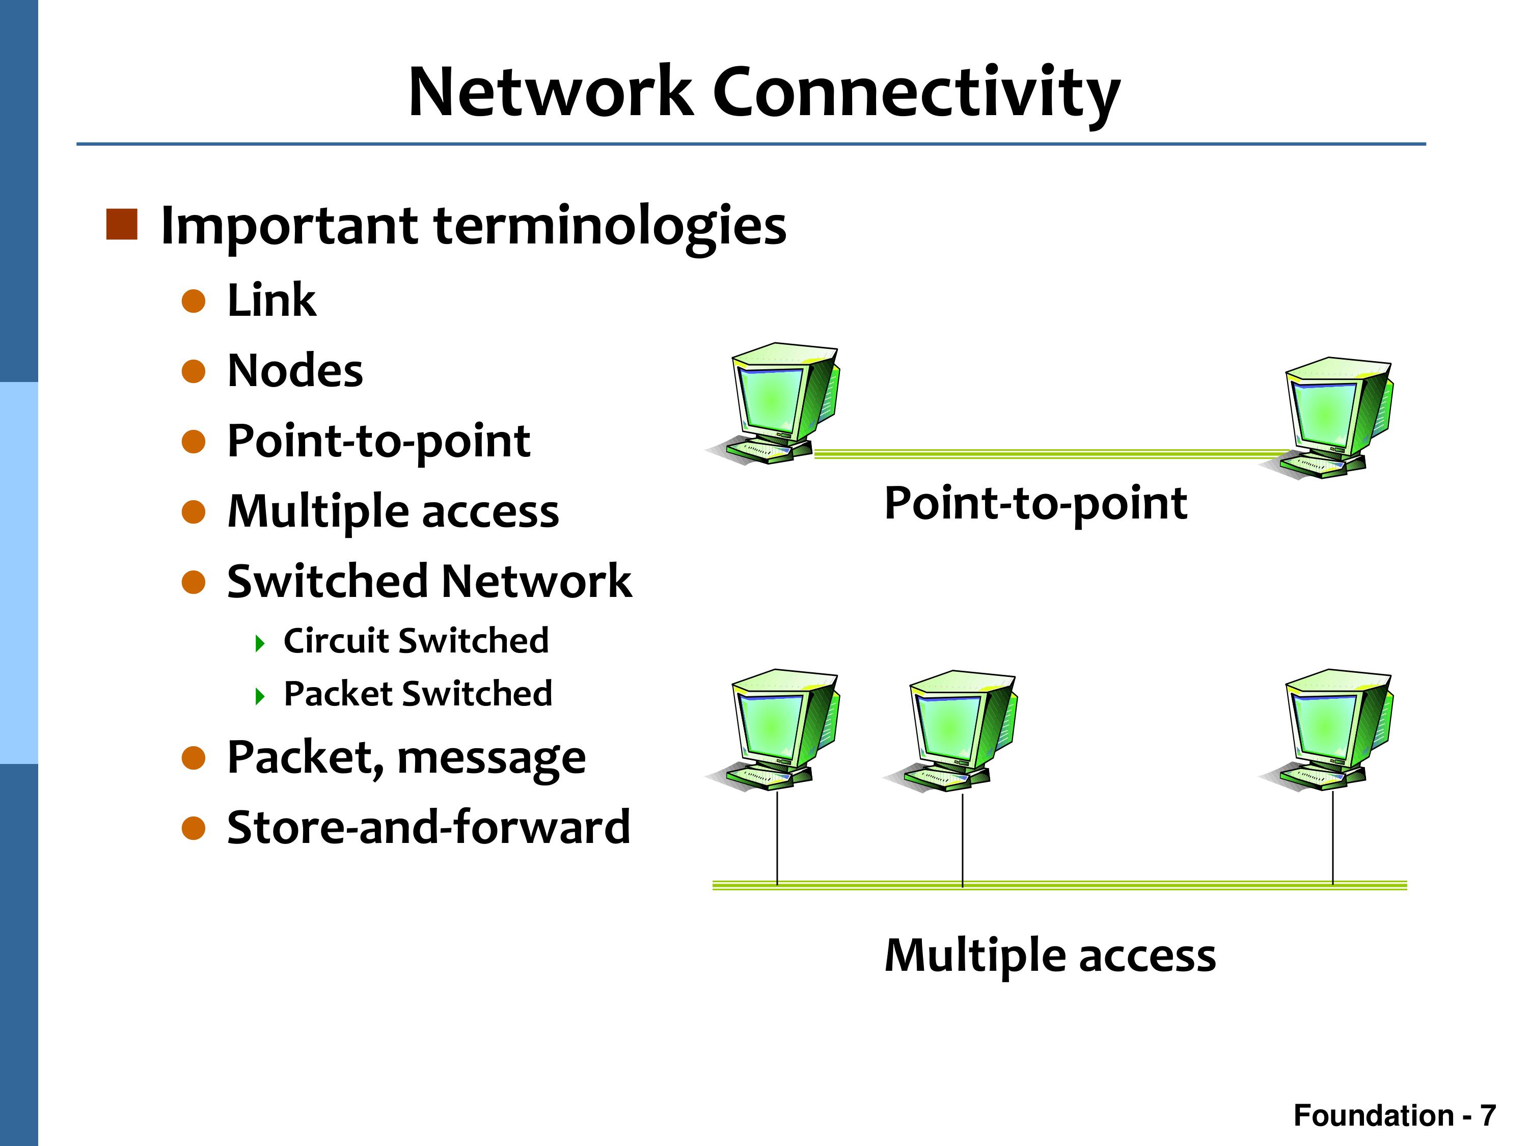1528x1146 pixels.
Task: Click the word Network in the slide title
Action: click(551, 91)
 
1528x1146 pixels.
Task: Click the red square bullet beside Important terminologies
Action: click(122, 225)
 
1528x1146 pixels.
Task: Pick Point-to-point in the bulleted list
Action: click(378, 442)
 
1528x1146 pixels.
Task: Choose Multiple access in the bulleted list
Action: click(393, 512)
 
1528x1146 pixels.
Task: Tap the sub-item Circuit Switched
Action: click(416, 640)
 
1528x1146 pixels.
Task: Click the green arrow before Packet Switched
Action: click(260, 696)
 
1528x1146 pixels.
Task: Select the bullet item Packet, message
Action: click(406, 758)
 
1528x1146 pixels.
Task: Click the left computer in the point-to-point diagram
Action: click(774, 403)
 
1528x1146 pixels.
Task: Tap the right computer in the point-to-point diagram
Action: click(1326, 419)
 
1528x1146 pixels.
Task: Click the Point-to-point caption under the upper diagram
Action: click(1035, 504)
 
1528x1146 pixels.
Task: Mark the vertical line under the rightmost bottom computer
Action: click(1332, 838)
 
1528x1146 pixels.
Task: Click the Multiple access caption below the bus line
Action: click(1050, 956)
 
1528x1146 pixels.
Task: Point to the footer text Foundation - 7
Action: click(1395, 1115)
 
